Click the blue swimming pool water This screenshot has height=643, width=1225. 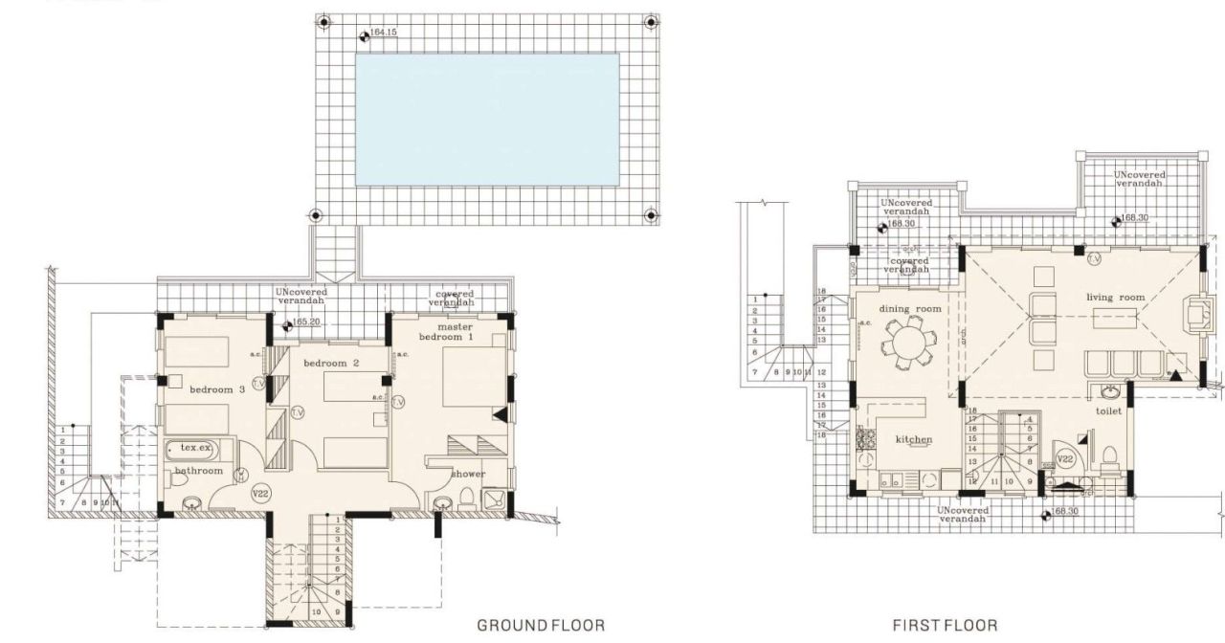click(x=487, y=119)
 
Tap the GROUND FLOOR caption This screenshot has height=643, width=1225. click(x=541, y=625)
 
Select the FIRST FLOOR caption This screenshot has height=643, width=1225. click(x=945, y=625)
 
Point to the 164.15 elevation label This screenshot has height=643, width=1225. click(x=382, y=33)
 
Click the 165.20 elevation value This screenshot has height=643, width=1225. click(x=306, y=322)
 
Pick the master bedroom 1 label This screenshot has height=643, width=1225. click(x=444, y=332)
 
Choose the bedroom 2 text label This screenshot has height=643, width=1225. click(x=331, y=364)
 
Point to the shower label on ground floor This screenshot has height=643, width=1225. click(x=469, y=474)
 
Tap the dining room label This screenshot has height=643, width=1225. click(x=910, y=309)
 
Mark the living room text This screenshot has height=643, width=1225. click(x=1115, y=298)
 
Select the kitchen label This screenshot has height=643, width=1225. click(x=913, y=439)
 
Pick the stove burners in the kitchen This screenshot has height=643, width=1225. click(x=868, y=439)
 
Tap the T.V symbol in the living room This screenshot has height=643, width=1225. click(x=1094, y=258)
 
